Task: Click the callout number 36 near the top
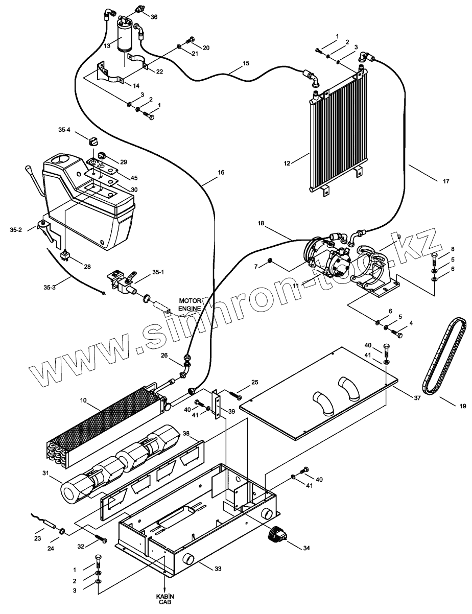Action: pos(154,16)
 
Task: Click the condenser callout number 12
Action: pos(287,163)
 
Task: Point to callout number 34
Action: pos(305,549)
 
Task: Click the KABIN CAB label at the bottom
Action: pos(164,599)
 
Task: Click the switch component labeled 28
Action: pos(65,255)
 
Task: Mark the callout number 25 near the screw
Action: pos(255,383)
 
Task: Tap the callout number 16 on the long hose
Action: pos(221,173)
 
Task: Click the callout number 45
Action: pos(134,177)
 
